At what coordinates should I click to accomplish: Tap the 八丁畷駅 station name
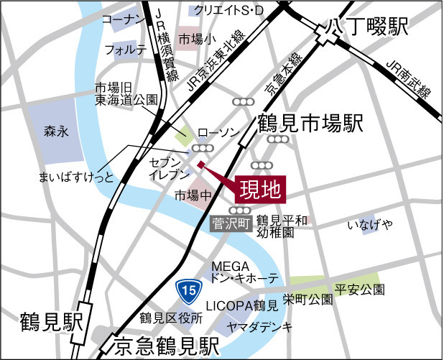click(x=368, y=28)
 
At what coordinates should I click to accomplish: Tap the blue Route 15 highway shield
click(x=188, y=291)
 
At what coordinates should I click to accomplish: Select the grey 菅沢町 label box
click(x=231, y=223)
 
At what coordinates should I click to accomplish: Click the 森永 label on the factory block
click(x=55, y=131)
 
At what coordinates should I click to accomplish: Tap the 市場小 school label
click(x=195, y=38)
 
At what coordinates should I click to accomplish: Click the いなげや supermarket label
click(x=371, y=226)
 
